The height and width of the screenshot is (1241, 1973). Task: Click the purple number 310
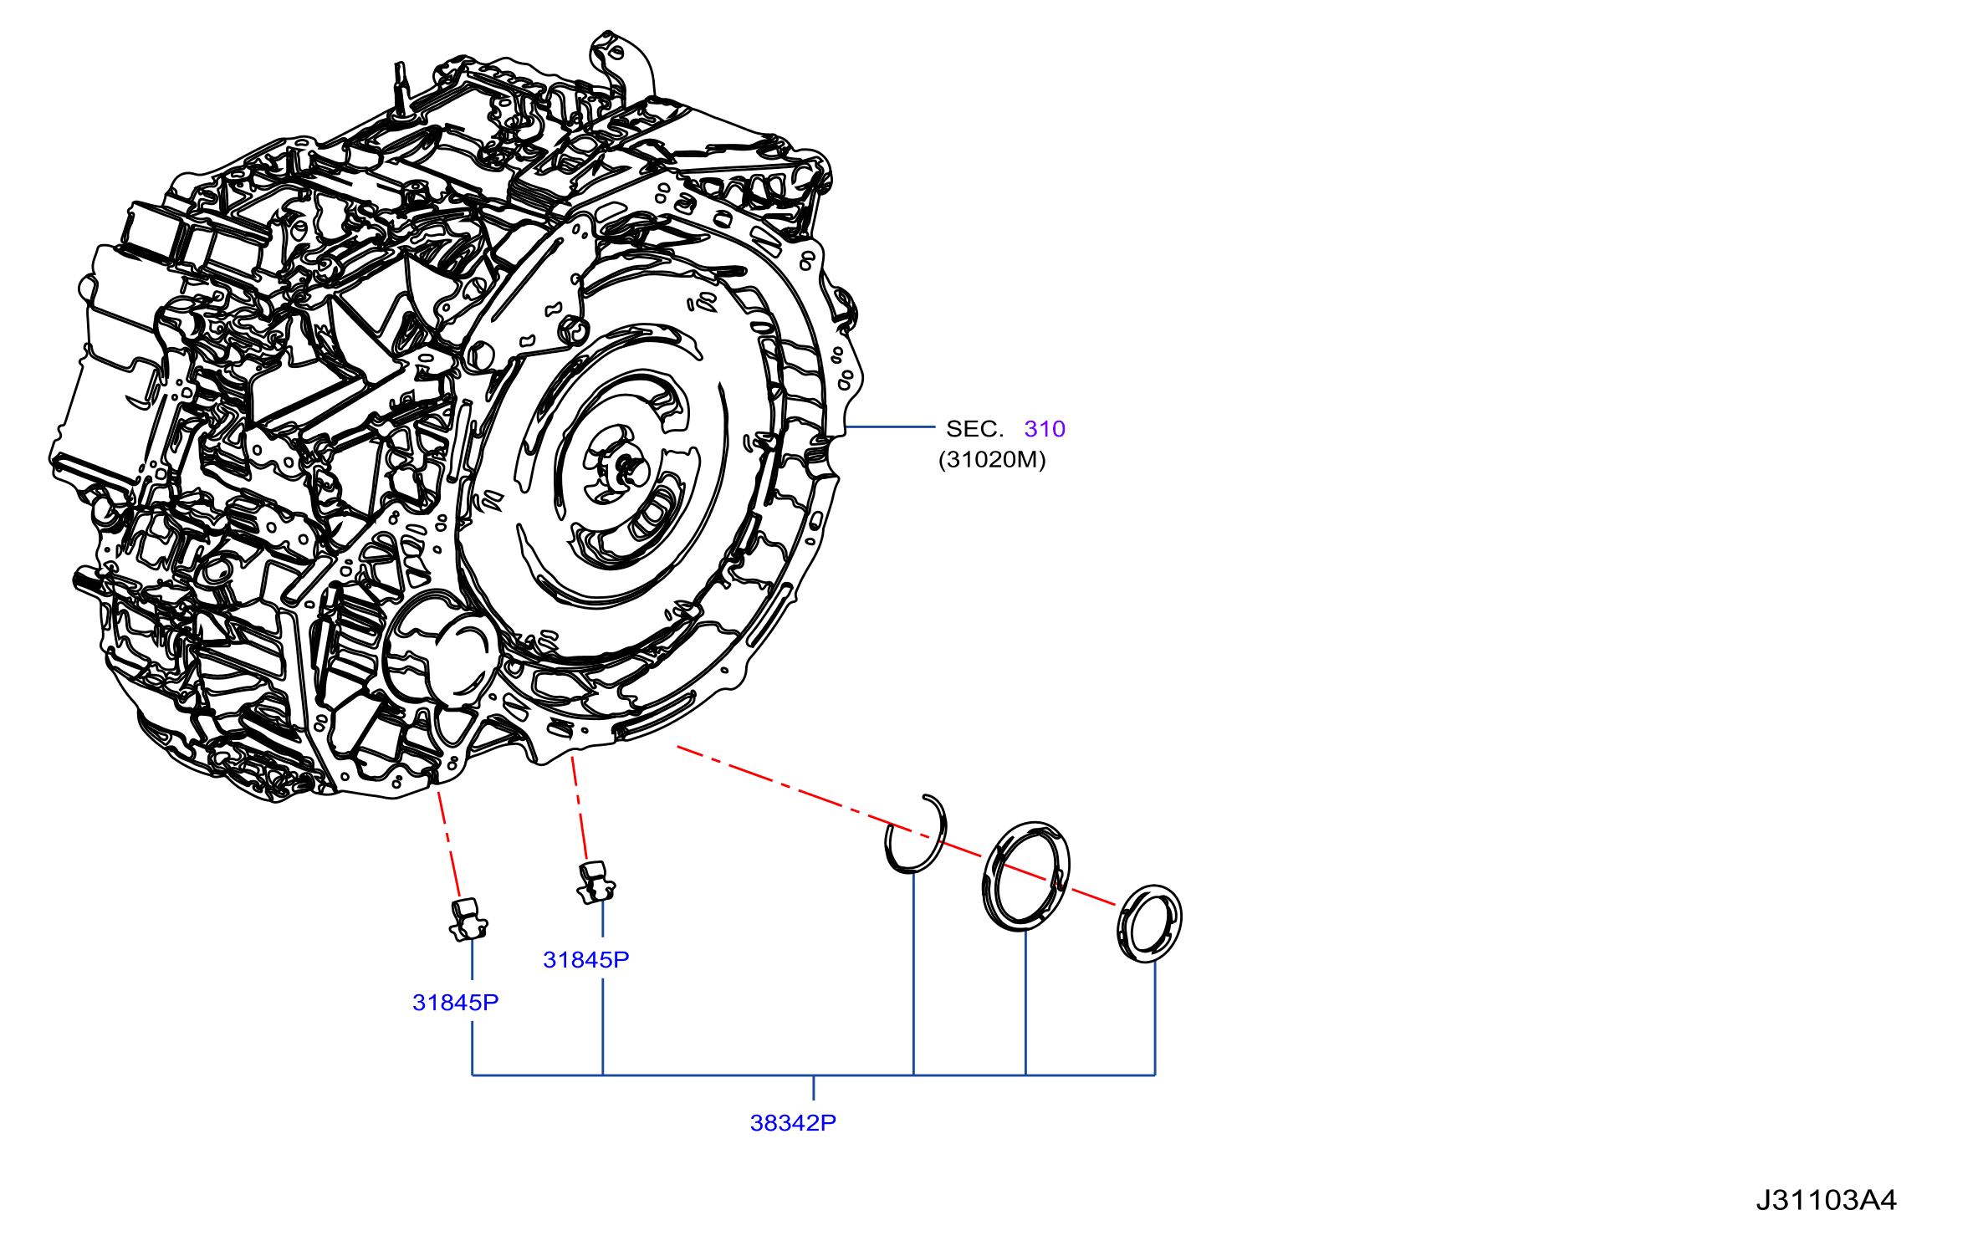coord(1045,429)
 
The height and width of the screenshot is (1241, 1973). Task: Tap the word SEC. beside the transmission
coord(974,429)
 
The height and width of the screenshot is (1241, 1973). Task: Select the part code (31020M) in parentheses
coord(992,460)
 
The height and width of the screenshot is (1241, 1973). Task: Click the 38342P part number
coord(793,1123)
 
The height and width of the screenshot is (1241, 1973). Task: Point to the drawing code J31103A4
coord(1826,1200)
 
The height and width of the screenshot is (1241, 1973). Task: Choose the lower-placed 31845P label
coord(456,1003)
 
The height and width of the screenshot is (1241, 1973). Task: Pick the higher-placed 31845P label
coord(586,960)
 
